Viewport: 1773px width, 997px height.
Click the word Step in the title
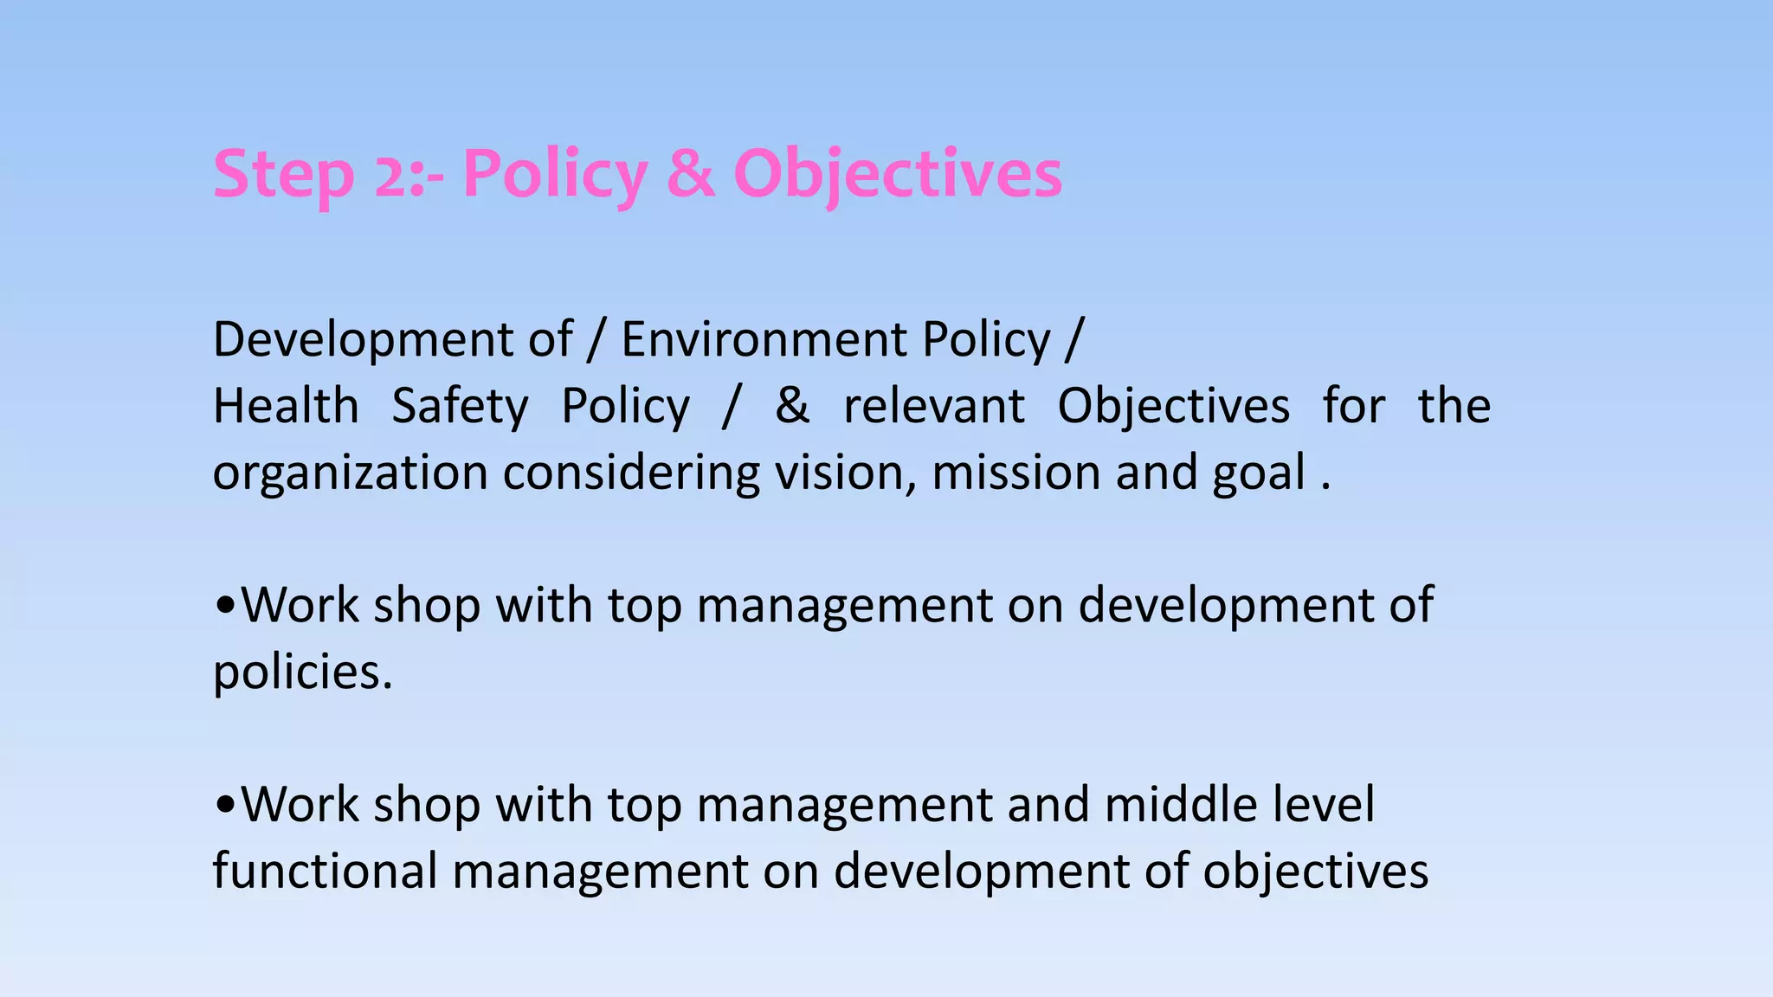(283, 176)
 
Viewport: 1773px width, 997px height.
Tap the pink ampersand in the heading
(691, 174)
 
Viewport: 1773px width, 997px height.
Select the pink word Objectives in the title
(897, 176)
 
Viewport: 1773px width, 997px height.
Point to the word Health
(286, 405)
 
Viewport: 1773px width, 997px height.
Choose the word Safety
(460, 407)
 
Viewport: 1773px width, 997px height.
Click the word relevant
(934, 406)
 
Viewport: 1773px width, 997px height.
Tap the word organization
(351, 473)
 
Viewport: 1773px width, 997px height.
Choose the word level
(1324, 804)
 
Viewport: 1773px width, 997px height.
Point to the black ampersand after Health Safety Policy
(792, 405)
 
